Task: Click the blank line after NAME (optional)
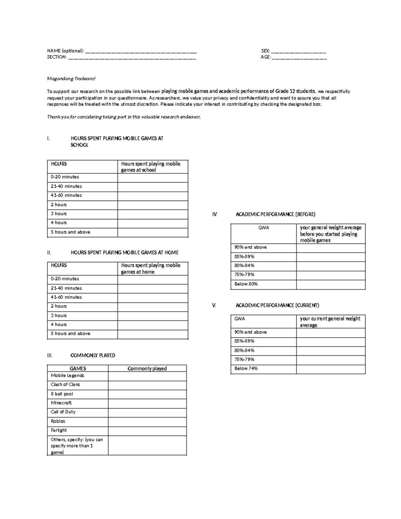(x=141, y=51)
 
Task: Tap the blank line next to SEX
(x=298, y=51)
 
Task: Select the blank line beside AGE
(x=299, y=57)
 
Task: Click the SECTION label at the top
(x=56, y=57)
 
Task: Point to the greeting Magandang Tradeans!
(x=71, y=79)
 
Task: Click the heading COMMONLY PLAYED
(x=93, y=355)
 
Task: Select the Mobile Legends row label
(x=68, y=376)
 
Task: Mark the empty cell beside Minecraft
(x=147, y=403)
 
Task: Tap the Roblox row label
(x=58, y=421)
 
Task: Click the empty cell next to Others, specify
(x=147, y=445)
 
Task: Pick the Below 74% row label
(x=246, y=369)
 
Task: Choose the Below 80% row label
(x=246, y=284)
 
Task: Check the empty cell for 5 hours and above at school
(x=153, y=232)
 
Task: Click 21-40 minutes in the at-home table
(x=66, y=288)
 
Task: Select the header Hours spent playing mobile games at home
(x=151, y=268)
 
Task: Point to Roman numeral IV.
(x=215, y=215)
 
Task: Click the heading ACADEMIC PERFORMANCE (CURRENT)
(x=277, y=305)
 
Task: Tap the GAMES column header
(x=78, y=368)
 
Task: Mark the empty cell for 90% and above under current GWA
(x=330, y=333)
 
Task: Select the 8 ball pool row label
(x=62, y=394)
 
